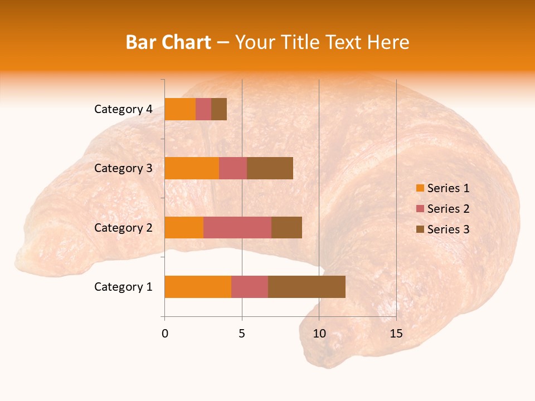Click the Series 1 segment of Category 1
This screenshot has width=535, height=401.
pyautogui.click(x=198, y=287)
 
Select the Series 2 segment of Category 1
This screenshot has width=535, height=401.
pyautogui.click(x=250, y=287)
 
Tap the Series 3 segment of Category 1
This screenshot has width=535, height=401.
pyautogui.click(x=307, y=287)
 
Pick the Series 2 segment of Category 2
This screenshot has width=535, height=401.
pyautogui.click(x=237, y=227)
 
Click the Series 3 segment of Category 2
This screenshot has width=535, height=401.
pyautogui.click(x=286, y=227)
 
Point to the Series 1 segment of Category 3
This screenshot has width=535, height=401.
pyautogui.click(x=192, y=168)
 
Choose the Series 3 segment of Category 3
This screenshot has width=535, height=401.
pyautogui.click(x=270, y=168)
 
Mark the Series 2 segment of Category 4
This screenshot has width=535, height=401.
pyautogui.click(x=203, y=109)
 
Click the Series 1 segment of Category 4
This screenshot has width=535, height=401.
pyautogui.click(x=180, y=109)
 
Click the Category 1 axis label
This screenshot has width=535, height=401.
pyautogui.click(x=123, y=287)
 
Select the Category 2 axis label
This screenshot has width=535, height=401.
pyautogui.click(x=123, y=227)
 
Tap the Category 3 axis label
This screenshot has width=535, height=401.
pyautogui.click(x=123, y=168)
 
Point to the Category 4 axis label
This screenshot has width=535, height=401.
pyautogui.click(x=123, y=109)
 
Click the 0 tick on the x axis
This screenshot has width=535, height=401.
pyautogui.click(x=165, y=334)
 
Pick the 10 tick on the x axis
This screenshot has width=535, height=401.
pyautogui.click(x=319, y=334)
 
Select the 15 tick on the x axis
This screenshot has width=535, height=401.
pyautogui.click(x=396, y=334)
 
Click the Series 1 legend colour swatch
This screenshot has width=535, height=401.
pyautogui.click(x=420, y=188)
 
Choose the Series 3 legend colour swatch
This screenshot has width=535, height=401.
pyautogui.click(x=420, y=229)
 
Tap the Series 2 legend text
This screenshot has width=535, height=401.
pyautogui.click(x=448, y=209)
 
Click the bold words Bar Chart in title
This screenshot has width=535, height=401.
pyautogui.click(x=168, y=42)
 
